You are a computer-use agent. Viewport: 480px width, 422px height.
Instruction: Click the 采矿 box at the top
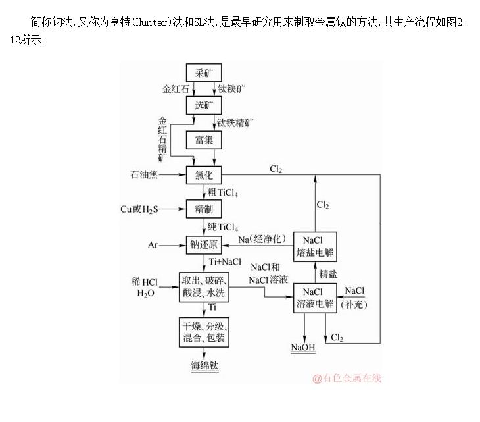(x=204, y=71)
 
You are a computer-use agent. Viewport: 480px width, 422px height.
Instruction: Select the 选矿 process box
(x=204, y=105)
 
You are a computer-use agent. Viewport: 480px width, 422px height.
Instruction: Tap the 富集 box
(x=204, y=140)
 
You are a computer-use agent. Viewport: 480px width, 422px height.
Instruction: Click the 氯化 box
(x=204, y=175)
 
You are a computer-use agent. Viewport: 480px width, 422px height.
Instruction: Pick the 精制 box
(x=204, y=209)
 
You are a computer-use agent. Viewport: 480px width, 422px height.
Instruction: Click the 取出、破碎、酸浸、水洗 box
(x=204, y=288)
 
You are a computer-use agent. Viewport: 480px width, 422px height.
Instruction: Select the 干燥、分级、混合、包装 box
(x=204, y=332)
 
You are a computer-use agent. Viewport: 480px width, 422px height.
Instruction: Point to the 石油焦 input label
(x=145, y=175)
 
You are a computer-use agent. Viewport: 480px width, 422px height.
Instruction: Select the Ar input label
(x=153, y=244)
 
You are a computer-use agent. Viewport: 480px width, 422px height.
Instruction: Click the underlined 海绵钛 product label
(x=204, y=366)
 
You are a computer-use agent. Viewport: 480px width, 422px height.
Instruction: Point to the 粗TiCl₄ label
(x=223, y=192)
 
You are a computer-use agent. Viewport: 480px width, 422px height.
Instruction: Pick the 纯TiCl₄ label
(x=223, y=227)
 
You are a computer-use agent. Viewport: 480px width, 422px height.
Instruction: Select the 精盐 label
(x=329, y=272)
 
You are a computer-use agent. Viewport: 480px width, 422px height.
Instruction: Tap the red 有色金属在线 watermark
(x=347, y=378)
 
